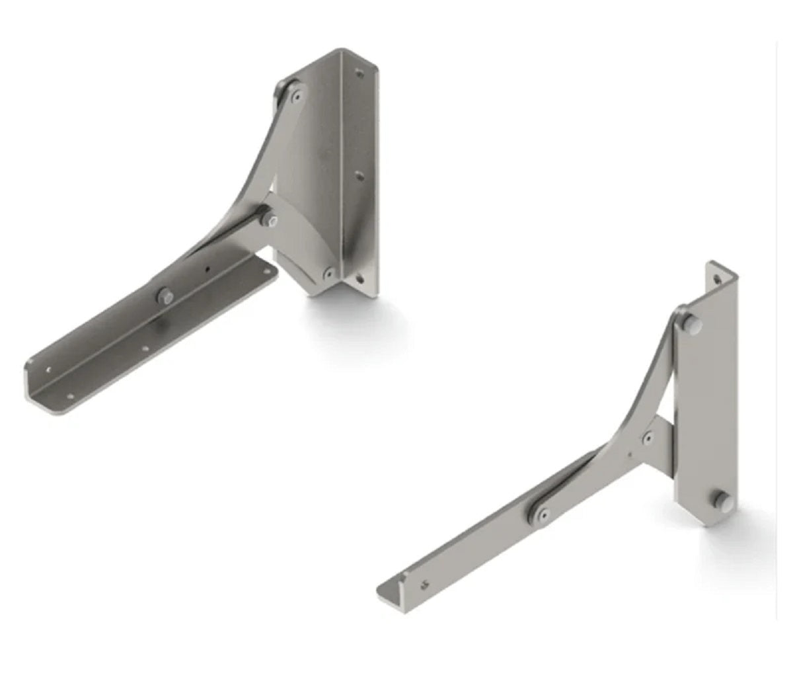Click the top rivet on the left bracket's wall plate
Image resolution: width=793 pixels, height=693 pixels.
297,95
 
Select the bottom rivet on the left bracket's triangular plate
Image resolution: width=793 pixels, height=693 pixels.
328,271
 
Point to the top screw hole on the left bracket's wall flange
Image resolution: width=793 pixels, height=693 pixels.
359,74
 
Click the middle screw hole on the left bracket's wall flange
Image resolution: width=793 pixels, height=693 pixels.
359,176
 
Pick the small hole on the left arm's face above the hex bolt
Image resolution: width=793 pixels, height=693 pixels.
207,269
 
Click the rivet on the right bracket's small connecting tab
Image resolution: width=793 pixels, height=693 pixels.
648,438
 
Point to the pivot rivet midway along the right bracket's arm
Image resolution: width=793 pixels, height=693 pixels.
542,514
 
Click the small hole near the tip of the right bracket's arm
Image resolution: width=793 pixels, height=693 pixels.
424,583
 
